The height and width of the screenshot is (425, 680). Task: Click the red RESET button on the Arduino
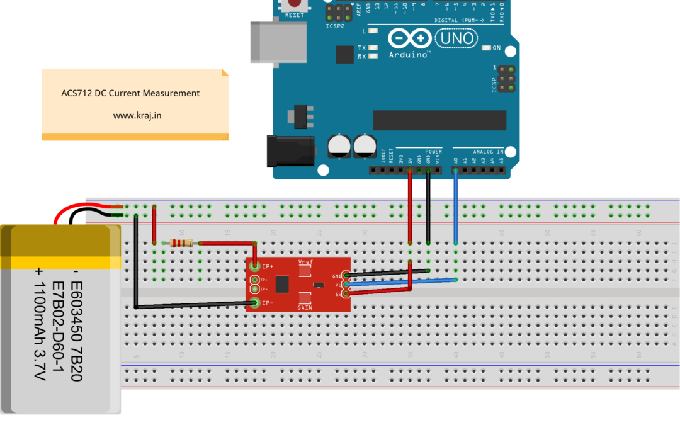click(295, 4)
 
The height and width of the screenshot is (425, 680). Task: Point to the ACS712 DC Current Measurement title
click(130, 93)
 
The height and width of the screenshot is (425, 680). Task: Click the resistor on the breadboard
click(183, 244)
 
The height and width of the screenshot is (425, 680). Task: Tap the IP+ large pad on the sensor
click(255, 266)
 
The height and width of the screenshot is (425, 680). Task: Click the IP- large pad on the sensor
click(255, 303)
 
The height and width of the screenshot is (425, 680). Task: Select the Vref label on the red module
click(305, 261)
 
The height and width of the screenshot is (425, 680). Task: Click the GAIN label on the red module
click(305, 308)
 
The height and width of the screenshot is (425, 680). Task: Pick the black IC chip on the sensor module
click(283, 285)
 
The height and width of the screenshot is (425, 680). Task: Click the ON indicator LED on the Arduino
click(486, 48)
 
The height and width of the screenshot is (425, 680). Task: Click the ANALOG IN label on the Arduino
click(488, 152)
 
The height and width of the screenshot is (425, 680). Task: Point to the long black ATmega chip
click(439, 120)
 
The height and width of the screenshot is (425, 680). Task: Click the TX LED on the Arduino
click(373, 48)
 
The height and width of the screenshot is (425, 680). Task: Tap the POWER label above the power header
click(433, 152)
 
